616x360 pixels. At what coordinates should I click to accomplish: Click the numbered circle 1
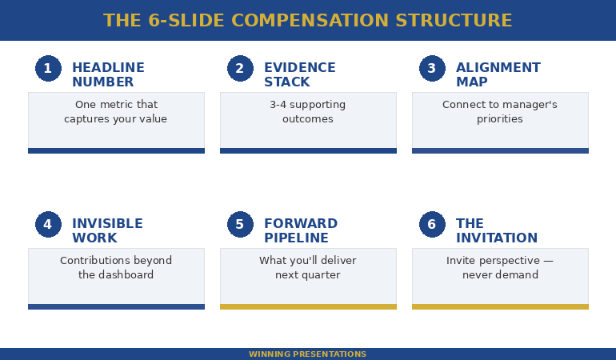click(48, 69)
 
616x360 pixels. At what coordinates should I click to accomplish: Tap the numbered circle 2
click(240, 69)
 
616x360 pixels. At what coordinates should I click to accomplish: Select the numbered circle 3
click(432, 69)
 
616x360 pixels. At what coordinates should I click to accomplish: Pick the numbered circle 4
click(48, 225)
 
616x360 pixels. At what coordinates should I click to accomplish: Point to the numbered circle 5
click(240, 225)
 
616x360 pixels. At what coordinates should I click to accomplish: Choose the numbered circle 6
click(432, 225)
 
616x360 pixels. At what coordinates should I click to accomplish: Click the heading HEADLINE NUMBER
click(108, 75)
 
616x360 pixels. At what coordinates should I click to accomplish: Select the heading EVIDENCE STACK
click(299, 75)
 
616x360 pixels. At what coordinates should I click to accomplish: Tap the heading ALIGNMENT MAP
click(498, 75)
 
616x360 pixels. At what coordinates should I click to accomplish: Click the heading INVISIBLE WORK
click(107, 231)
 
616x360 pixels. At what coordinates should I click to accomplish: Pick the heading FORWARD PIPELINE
click(300, 231)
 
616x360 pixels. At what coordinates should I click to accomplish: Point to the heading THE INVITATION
click(496, 231)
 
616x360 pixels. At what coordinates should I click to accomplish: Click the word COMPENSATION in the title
click(307, 21)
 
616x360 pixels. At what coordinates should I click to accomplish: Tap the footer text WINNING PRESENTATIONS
click(307, 354)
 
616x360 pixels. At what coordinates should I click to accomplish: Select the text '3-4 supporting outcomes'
click(307, 112)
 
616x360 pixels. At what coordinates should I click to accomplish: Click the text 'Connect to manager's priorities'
click(499, 112)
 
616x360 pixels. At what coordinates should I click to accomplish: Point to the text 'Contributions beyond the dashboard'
click(116, 268)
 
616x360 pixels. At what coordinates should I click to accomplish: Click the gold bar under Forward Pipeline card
click(308, 306)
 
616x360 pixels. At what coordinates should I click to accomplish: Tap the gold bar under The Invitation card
click(500, 306)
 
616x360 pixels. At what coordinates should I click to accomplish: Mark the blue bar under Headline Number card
click(116, 150)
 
